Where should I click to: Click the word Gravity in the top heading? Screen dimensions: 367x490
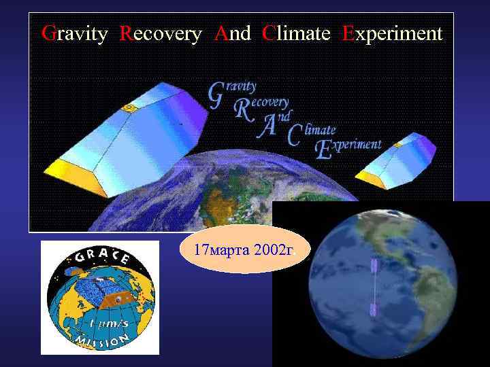point(74,33)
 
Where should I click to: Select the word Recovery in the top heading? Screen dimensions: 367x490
point(161,33)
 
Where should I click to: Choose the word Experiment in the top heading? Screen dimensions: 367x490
point(392,33)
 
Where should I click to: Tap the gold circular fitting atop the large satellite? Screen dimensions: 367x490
point(128,107)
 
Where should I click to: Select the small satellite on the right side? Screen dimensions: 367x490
point(396,160)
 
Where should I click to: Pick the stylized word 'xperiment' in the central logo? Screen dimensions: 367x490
point(357,145)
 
